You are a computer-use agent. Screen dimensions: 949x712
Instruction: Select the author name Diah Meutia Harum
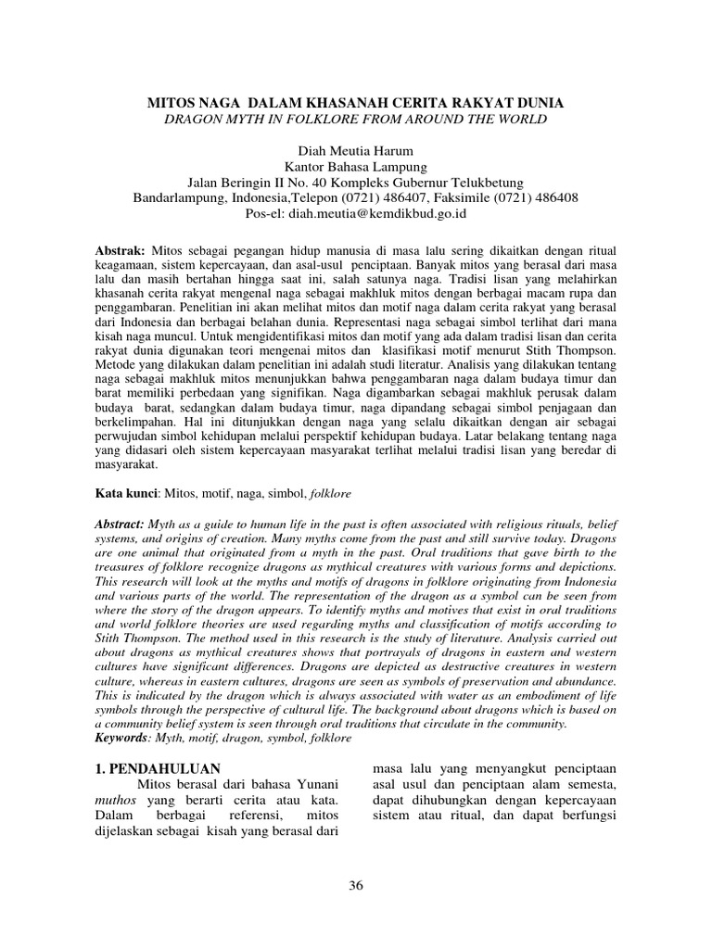click(356, 151)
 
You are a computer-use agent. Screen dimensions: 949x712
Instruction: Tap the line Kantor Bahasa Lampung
click(356, 167)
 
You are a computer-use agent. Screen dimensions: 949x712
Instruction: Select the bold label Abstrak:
click(121, 252)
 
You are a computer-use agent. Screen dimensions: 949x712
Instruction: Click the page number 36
click(356, 885)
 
